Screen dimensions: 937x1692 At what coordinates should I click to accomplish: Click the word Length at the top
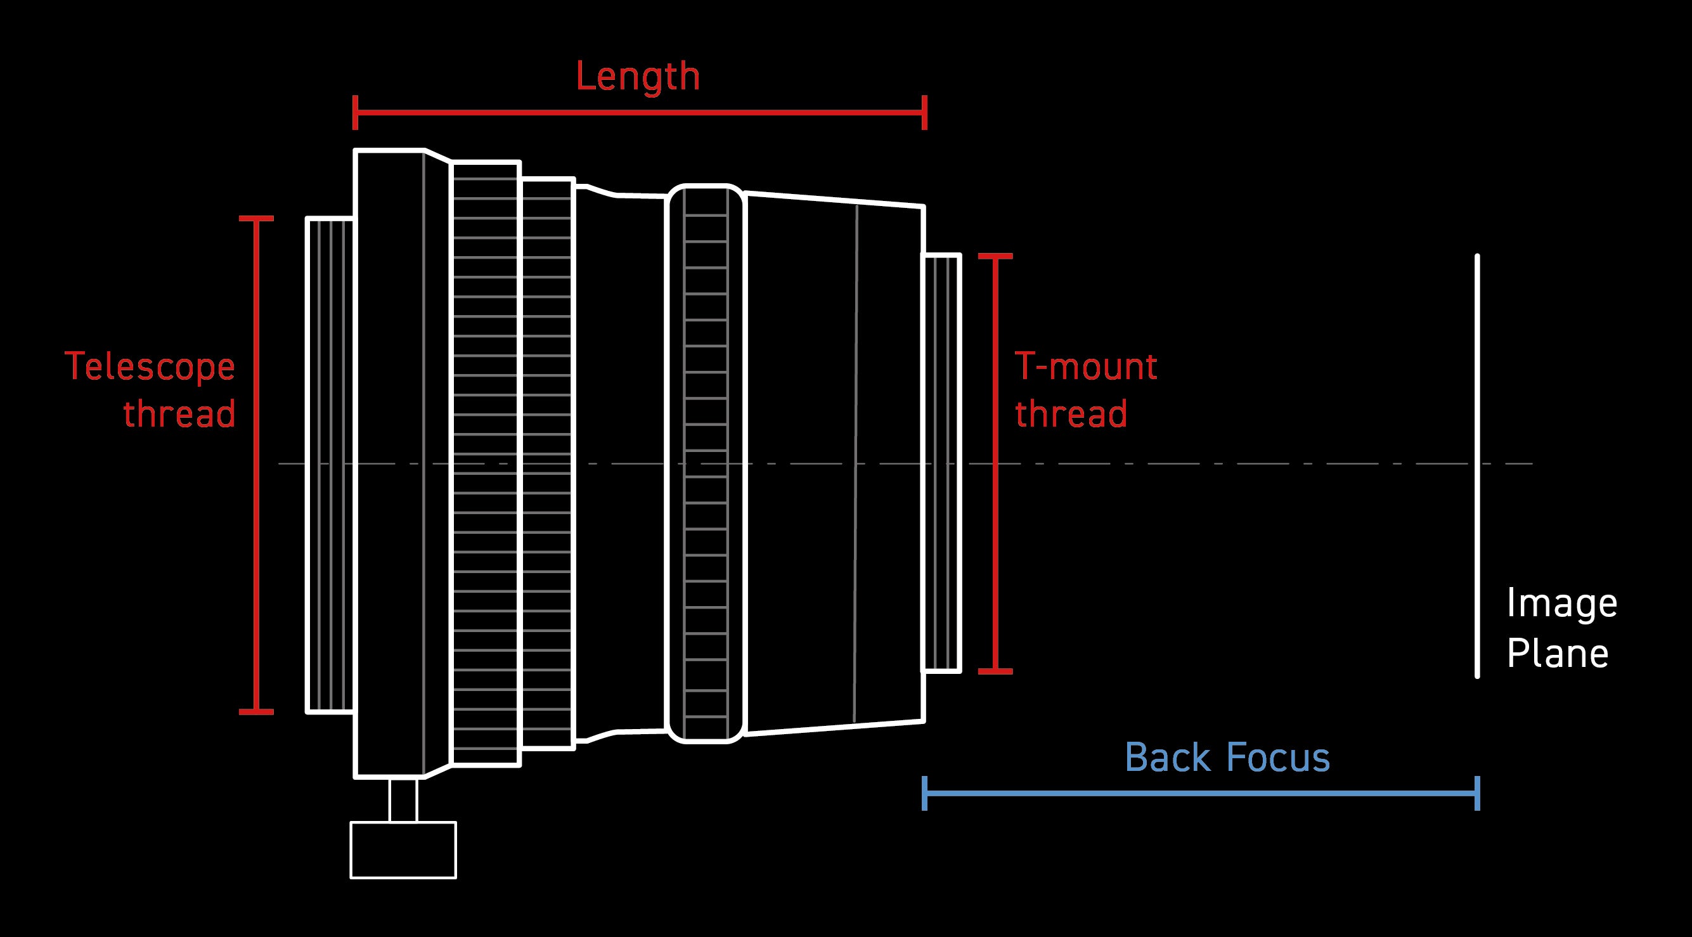[x=638, y=77]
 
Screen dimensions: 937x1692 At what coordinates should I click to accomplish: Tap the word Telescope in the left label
[x=150, y=366]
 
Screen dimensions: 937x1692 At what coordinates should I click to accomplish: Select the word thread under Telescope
[x=179, y=414]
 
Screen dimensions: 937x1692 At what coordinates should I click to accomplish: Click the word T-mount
[x=1086, y=366]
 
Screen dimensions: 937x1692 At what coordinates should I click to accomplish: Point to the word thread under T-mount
[x=1071, y=414]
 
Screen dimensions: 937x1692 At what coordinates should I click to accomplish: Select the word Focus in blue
[x=1278, y=758]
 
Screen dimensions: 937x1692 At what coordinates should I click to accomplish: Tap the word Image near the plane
[x=1561, y=604]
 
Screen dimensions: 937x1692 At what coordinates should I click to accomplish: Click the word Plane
[x=1558, y=654]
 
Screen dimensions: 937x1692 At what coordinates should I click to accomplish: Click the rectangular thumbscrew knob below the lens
[x=403, y=850]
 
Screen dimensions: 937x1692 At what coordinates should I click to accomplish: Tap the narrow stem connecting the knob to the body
[x=403, y=799]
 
